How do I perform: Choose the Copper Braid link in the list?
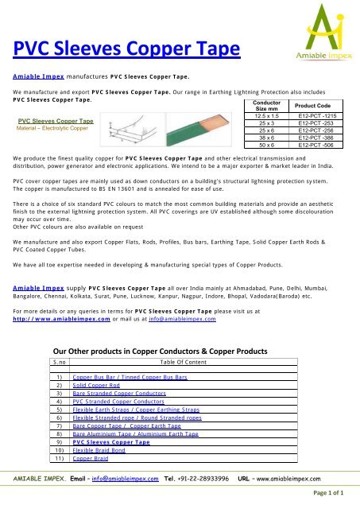point(89,459)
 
